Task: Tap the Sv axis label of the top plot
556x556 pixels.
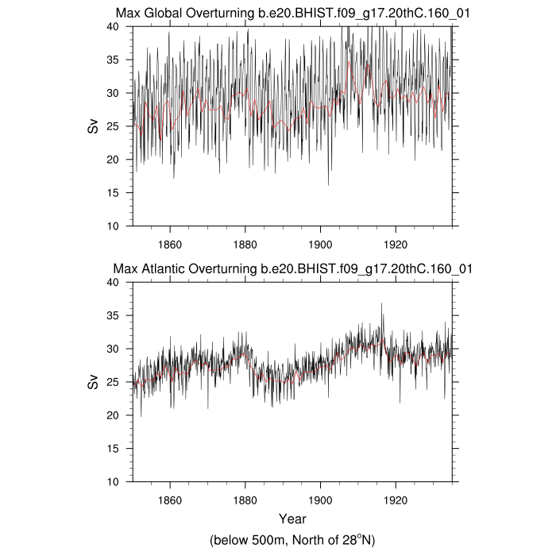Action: [x=94, y=126]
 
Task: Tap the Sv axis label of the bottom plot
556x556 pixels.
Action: [x=94, y=382]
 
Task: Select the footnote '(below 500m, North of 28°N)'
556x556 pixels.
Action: [x=292, y=540]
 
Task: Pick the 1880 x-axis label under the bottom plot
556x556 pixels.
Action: [x=245, y=500]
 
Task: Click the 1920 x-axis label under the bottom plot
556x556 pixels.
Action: [x=396, y=500]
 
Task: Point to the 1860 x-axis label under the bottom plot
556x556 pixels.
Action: [x=170, y=500]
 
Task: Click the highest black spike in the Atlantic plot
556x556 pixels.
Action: [x=381, y=303]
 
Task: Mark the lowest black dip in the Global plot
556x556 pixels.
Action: [x=328, y=184]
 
